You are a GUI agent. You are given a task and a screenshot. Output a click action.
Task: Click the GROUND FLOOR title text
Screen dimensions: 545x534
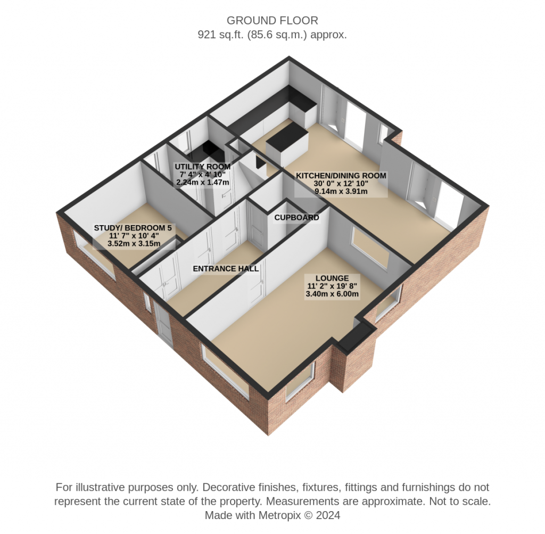tap(272, 21)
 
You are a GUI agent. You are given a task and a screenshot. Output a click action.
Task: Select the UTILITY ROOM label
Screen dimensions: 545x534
tap(203, 167)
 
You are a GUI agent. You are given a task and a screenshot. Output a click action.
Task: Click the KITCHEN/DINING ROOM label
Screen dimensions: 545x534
tap(341, 176)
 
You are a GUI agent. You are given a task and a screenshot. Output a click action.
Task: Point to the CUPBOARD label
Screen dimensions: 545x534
tap(296, 218)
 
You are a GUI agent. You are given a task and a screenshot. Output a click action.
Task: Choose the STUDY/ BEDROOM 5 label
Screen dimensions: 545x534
tap(133, 228)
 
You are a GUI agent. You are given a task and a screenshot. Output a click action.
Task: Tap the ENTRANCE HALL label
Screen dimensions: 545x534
tap(226, 269)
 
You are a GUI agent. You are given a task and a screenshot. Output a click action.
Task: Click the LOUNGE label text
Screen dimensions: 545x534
tap(332, 278)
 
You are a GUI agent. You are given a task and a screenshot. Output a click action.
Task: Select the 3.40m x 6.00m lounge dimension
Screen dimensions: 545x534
tap(332, 294)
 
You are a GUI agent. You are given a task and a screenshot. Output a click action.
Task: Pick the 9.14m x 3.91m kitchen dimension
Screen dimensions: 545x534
tap(341, 191)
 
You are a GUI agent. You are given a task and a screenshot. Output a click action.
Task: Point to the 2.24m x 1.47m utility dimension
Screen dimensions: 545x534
tap(203, 182)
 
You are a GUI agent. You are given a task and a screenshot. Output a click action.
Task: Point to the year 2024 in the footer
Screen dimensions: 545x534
tap(328, 515)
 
